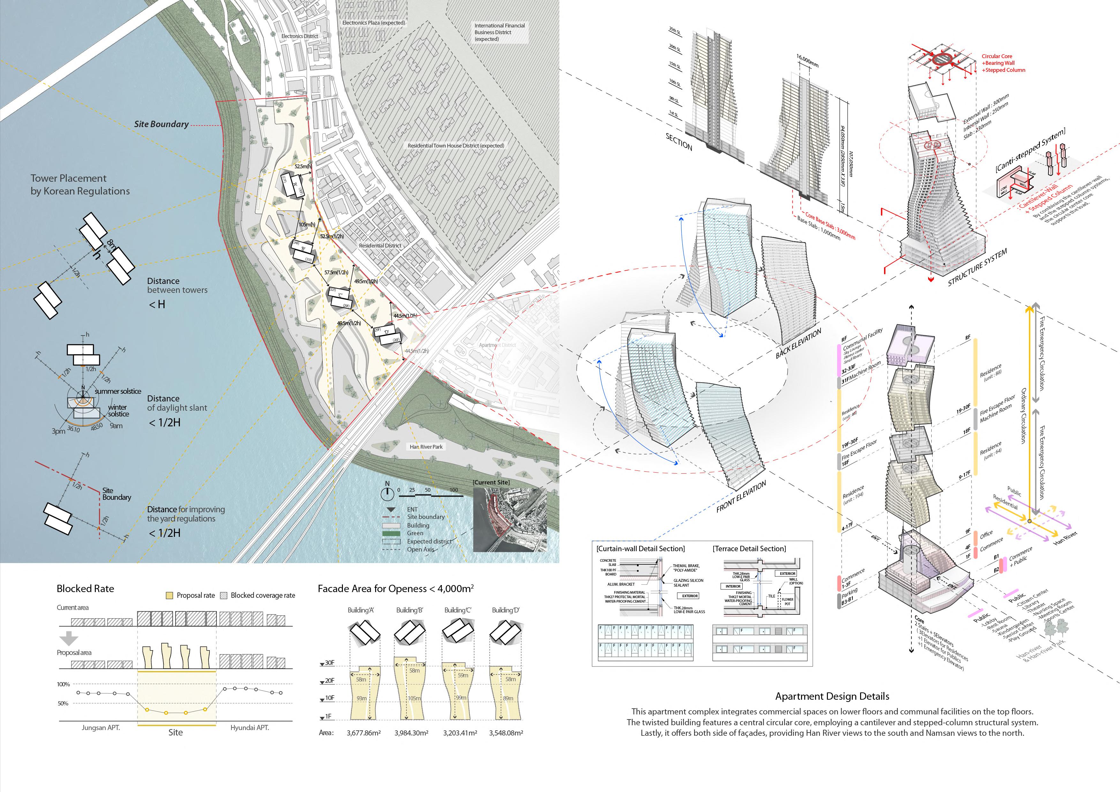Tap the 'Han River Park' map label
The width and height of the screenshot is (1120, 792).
(x=426, y=446)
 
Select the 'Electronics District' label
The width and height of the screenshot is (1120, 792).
(x=299, y=36)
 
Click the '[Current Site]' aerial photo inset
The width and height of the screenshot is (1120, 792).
(x=510, y=520)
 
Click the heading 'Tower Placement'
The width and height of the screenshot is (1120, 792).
(x=68, y=178)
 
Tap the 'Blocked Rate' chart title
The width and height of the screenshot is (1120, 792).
(x=85, y=589)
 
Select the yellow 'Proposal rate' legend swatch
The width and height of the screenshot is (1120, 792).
(x=169, y=595)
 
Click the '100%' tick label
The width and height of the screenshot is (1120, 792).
(x=64, y=684)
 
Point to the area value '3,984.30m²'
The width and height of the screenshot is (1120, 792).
(x=411, y=733)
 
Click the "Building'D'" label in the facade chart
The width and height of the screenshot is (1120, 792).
(x=505, y=610)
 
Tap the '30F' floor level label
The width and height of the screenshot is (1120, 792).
(x=329, y=663)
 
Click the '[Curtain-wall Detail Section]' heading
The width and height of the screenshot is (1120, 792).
(x=640, y=549)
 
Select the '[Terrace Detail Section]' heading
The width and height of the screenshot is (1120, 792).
(x=749, y=549)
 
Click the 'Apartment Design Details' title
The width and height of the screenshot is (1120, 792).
(x=832, y=697)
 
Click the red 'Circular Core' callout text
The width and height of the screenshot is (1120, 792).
(x=996, y=57)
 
